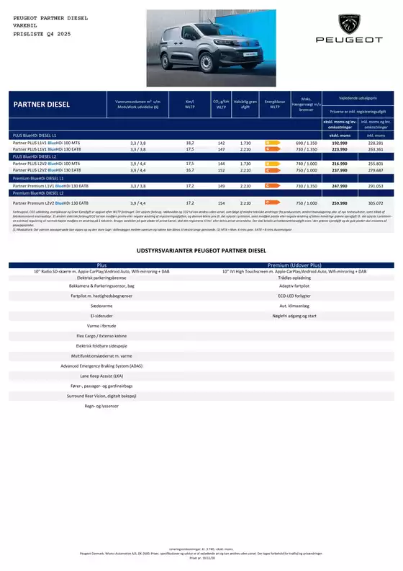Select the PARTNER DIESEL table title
click(42, 105)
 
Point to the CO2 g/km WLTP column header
click(221, 105)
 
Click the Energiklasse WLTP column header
click(273, 105)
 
